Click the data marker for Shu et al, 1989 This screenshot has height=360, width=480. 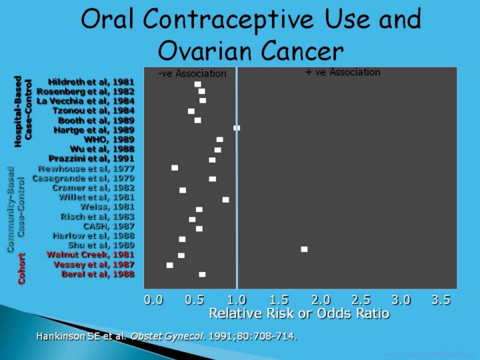(x=304, y=249)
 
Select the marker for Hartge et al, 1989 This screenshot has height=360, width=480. (x=236, y=127)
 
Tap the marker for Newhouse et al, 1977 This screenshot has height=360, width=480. (x=175, y=168)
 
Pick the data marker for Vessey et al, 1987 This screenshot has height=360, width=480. (x=169, y=265)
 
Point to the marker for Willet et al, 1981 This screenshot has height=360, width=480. (x=225, y=199)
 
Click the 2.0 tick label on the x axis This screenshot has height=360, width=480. (x=321, y=301)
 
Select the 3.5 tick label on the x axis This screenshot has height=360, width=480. (x=441, y=301)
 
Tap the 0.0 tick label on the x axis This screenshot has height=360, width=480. (x=153, y=301)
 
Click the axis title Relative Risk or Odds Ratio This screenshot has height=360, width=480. (x=299, y=313)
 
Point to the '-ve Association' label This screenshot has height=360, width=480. (x=192, y=73)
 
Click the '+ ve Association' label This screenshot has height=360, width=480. (x=343, y=72)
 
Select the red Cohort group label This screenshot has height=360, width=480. (x=22, y=269)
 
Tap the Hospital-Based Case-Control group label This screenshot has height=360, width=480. (x=23, y=111)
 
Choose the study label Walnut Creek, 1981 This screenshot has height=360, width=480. (x=90, y=255)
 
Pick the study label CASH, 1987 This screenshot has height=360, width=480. (x=109, y=227)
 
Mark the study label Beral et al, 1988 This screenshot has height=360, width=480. (x=98, y=274)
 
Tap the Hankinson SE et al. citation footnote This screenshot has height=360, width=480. (x=166, y=336)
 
